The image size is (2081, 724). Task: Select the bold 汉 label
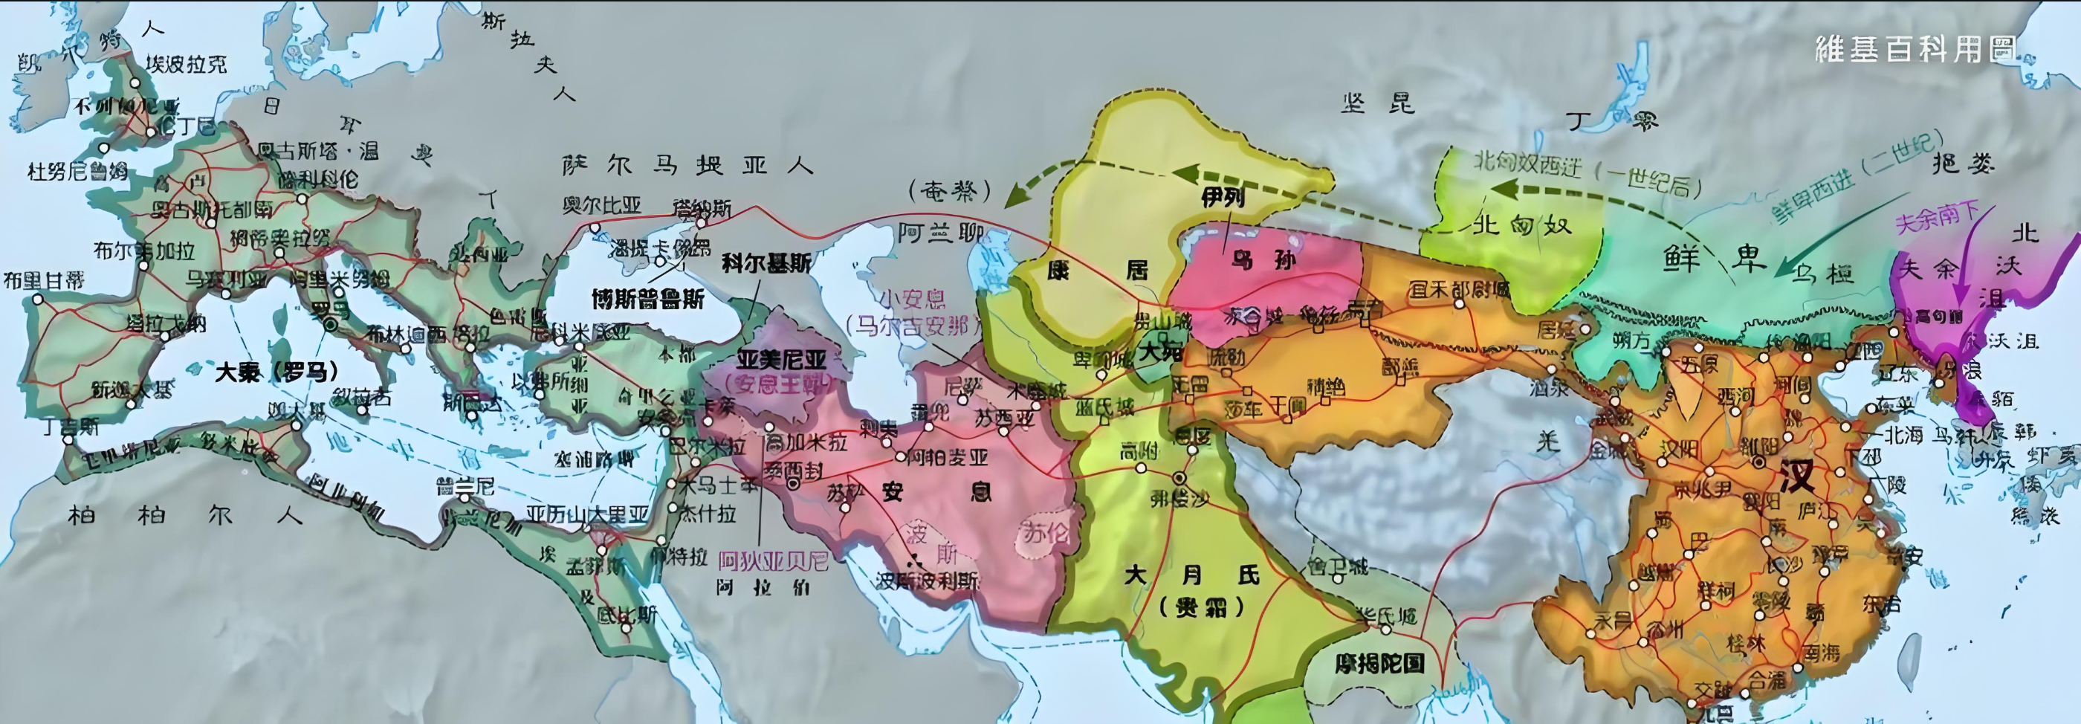pos(1796,476)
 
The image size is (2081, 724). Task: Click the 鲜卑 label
pos(1712,258)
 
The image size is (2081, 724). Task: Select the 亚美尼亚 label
pos(781,360)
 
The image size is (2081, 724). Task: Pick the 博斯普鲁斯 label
pos(648,300)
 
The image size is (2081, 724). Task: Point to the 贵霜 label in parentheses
pos(1200,607)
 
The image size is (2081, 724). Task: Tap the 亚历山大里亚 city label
pos(587,514)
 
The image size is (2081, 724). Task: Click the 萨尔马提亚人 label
pos(687,166)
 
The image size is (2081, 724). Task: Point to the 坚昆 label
pos(1378,103)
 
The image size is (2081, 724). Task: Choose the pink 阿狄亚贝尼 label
pos(773,560)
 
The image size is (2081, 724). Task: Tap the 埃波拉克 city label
pos(187,64)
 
